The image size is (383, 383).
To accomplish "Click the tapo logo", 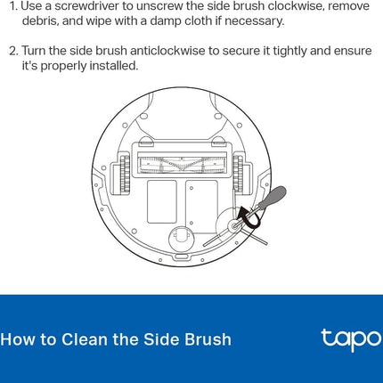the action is point(351,339).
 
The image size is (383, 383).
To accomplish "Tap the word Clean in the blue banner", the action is point(85,339).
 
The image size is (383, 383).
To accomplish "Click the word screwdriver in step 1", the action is point(87,6).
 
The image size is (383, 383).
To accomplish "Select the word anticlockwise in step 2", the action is point(167,51).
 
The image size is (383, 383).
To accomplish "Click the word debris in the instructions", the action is point(40,20).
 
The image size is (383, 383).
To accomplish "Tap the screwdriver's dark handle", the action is point(273,198).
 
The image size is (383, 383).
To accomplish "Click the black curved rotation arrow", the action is point(249,217).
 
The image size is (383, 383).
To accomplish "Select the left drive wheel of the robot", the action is point(125,173).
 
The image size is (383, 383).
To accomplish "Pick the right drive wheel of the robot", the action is point(238,173).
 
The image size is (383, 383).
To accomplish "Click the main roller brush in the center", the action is point(182,165).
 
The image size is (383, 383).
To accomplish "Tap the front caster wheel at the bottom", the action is point(182,238).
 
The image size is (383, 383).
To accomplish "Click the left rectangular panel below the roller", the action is point(162,202).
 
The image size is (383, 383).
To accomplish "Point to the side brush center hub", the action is point(234,226).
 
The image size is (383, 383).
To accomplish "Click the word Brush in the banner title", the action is point(208,339).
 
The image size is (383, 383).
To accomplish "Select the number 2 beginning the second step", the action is point(13,51).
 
